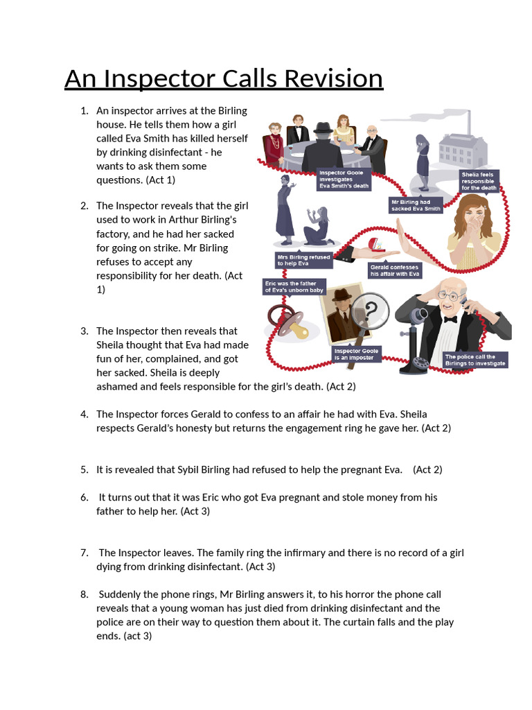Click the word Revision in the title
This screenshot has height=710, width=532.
click(328, 78)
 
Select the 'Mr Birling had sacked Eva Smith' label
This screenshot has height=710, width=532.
click(416, 205)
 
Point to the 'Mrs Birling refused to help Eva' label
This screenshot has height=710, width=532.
click(303, 260)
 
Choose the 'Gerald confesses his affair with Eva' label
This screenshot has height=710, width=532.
click(396, 270)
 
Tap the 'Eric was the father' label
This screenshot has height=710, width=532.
click(294, 286)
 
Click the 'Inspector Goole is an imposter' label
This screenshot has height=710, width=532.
click(356, 354)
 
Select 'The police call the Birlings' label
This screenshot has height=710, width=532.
click(476, 360)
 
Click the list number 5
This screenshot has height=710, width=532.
click(84, 469)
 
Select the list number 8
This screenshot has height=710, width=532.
click(84, 594)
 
